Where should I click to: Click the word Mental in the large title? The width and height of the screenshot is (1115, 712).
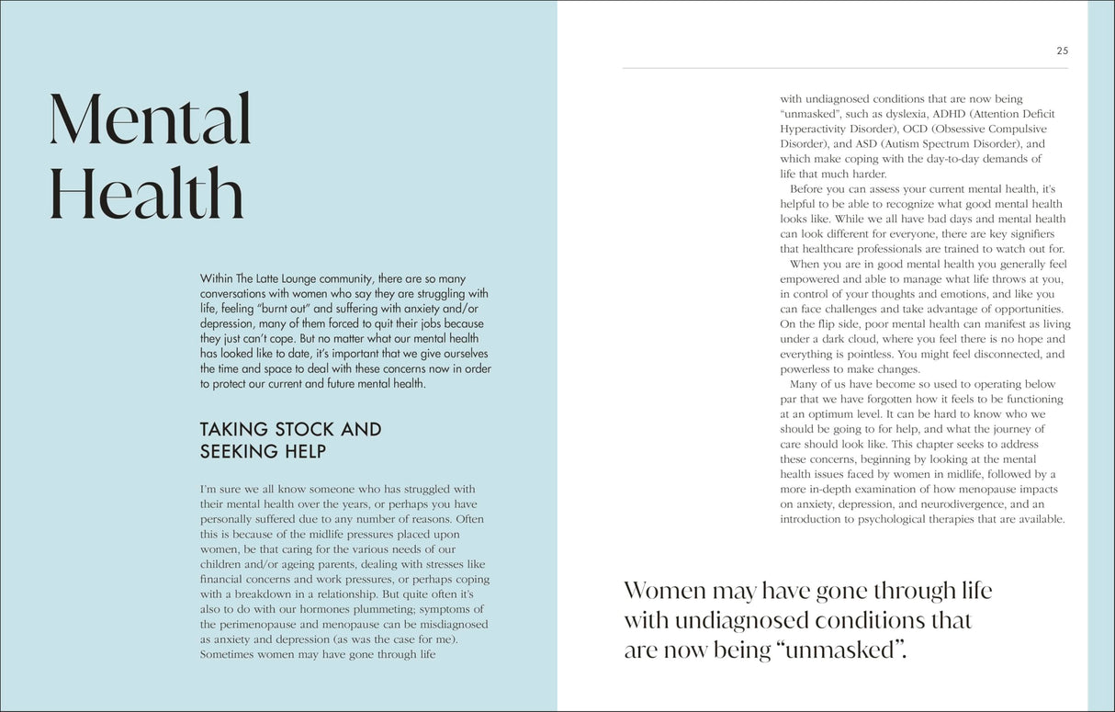click(x=150, y=120)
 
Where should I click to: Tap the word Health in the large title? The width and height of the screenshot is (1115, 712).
click(x=146, y=195)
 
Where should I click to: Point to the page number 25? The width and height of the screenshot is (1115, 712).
click(x=1062, y=51)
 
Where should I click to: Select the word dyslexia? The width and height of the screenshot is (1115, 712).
click(x=903, y=114)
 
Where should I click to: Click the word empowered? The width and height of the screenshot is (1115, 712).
click(x=809, y=279)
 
